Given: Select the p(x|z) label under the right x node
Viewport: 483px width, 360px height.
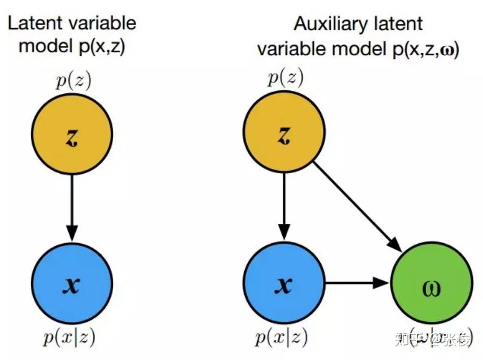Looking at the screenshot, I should click(x=282, y=339).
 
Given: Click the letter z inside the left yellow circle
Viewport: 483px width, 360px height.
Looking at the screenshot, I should click(x=72, y=137).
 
